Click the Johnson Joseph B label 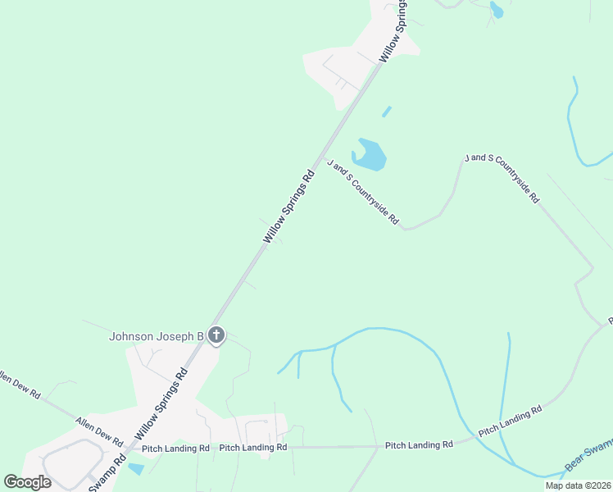tap(157, 336)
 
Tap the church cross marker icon tap(216, 335)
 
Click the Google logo tap(28, 482)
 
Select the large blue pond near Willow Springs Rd tap(370, 155)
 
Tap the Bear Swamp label tap(588, 465)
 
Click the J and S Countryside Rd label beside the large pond tap(362, 192)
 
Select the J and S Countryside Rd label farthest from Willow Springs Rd tap(502, 177)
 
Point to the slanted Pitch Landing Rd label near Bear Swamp tap(511, 420)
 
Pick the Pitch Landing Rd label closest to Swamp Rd tap(176, 449)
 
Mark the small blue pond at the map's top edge tap(496, 10)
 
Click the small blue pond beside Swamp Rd tap(135, 469)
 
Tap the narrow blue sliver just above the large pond tap(386, 112)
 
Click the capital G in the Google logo tap(11, 482)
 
